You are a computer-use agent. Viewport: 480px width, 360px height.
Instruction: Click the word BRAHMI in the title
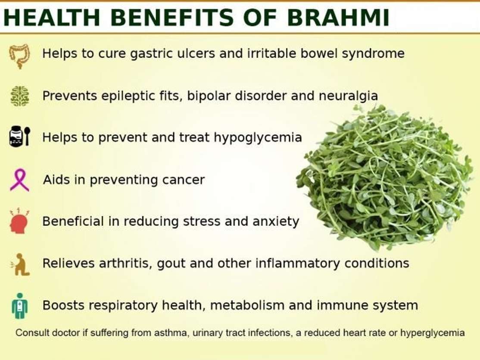pos(338,17)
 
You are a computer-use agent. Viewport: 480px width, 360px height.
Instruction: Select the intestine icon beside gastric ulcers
pos(19,56)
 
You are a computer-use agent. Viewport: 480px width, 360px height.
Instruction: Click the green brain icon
pos(19,96)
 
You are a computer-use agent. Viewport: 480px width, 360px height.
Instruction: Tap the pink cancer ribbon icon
pos(19,180)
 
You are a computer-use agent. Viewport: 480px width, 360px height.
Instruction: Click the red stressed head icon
pos(19,221)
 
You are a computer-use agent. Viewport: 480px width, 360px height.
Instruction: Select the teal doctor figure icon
pos(20,306)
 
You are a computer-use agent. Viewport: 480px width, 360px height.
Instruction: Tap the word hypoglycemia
pos(258,138)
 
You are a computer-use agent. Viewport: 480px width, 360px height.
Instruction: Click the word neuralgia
pos(349,96)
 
